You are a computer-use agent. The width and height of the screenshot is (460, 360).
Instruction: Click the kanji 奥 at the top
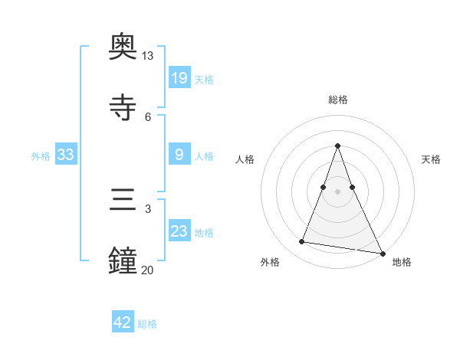[123, 46]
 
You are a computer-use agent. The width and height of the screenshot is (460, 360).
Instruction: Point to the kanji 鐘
[123, 261]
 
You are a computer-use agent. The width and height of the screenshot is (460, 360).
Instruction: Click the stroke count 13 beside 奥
[148, 56]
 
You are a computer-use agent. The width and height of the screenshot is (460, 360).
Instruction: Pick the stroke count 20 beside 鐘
[148, 270]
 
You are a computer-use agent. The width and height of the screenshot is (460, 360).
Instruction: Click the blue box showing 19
[179, 77]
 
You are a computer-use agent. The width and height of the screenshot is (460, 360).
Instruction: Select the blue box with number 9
[179, 155]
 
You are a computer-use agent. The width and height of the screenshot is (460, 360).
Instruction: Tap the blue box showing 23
[179, 231]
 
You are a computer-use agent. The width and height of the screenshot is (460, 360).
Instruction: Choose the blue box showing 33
[66, 155]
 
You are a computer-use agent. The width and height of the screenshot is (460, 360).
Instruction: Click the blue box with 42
[123, 322]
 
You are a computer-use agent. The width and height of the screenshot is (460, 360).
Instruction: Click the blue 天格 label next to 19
[204, 79]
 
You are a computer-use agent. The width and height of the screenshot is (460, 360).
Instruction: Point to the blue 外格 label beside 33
[41, 155]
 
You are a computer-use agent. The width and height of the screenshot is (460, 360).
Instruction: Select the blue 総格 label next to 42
[147, 324]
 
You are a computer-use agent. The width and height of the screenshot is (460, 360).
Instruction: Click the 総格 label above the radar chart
[338, 100]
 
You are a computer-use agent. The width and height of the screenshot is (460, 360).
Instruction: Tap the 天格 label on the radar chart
[432, 159]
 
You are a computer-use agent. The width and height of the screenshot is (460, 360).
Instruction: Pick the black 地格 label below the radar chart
[402, 262]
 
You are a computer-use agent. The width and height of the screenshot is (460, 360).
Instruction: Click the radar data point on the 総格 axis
[338, 146]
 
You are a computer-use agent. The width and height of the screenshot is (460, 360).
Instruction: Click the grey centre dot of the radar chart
[338, 191]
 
